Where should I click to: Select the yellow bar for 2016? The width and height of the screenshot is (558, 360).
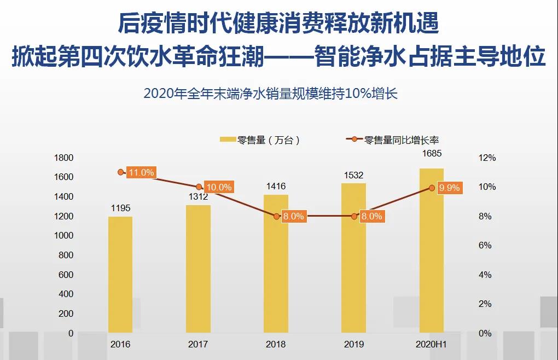click(x=120, y=274)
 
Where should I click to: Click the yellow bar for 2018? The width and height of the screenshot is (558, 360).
click(x=276, y=263)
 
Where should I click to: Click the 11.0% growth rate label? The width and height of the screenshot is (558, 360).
click(x=141, y=172)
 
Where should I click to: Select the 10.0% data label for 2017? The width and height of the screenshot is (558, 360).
click(x=218, y=187)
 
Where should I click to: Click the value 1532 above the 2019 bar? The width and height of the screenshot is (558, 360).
click(x=354, y=175)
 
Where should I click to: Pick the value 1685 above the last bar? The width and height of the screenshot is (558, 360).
click(x=432, y=154)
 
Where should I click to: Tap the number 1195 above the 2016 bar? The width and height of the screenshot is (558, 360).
click(x=120, y=208)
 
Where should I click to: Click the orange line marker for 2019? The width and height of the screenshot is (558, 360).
click(x=354, y=216)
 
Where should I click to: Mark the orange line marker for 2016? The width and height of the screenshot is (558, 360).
click(x=121, y=172)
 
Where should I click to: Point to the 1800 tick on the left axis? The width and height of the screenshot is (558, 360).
click(x=64, y=158)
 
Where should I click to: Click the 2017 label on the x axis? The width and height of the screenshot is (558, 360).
click(x=198, y=345)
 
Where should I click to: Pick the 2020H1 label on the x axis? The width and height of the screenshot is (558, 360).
click(x=432, y=345)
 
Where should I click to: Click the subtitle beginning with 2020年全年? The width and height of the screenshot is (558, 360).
click(x=270, y=94)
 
